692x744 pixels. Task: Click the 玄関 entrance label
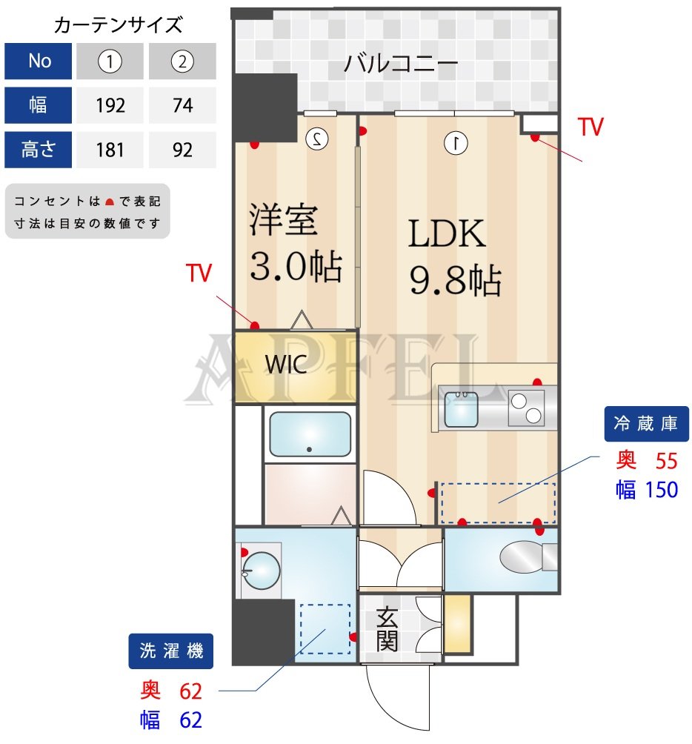tap(387, 628)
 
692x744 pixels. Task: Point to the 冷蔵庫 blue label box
tap(646, 424)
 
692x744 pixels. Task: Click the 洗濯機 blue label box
tap(171, 651)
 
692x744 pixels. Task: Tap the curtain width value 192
tap(110, 106)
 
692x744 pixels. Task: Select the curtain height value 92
tap(182, 150)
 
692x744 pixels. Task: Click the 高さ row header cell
tap(39, 150)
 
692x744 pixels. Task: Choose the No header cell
tap(39, 62)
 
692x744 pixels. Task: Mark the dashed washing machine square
tap(325, 628)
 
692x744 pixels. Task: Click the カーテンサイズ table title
tap(118, 25)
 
